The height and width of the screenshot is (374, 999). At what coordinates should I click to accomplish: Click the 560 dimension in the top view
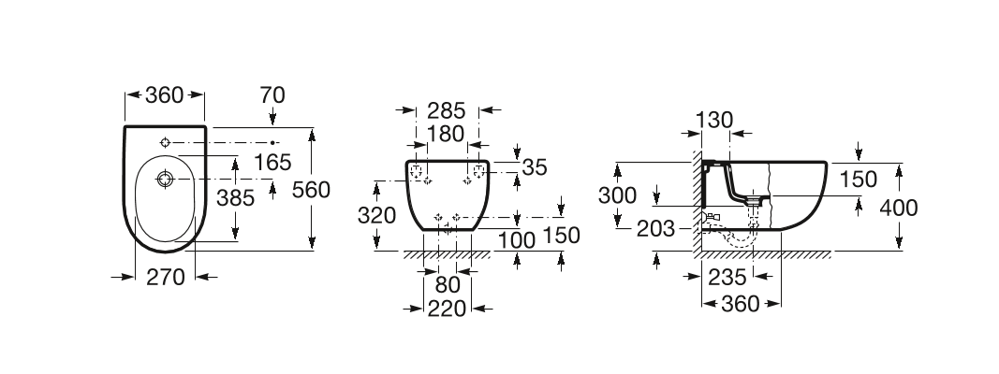click(x=311, y=190)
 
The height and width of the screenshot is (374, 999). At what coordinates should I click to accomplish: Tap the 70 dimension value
click(x=272, y=95)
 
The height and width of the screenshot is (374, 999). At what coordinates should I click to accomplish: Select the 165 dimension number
click(x=272, y=162)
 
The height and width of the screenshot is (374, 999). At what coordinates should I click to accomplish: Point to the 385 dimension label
click(x=235, y=198)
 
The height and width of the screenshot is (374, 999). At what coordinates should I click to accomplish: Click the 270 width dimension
click(x=166, y=277)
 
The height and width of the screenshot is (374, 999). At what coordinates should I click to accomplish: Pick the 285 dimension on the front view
click(x=446, y=110)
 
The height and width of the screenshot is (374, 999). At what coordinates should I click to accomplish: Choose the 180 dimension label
click(x=446, y=135)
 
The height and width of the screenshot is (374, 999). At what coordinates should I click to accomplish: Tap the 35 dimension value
click(x=535, y=167)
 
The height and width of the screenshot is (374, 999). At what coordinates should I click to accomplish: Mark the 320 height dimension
click(x=376, y=216)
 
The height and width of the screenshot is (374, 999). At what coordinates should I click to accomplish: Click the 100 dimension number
click(x=517, y=240)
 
